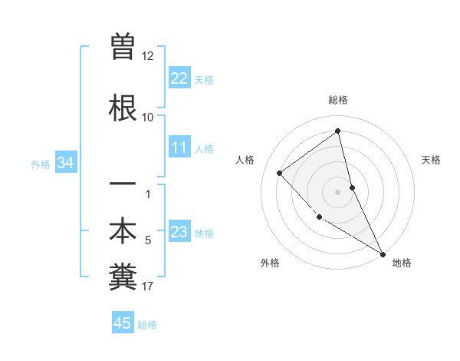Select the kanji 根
point(123,108)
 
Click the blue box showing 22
point(179,78)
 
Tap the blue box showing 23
point(179,232)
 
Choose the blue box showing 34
point(66,163)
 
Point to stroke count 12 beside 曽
point(148,56)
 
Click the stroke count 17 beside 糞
point(148,286)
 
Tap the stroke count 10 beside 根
point(148,118)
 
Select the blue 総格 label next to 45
point(147,325)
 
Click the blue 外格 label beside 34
point(41,164)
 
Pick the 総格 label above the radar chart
point(337,100)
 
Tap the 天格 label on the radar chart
point(432,160)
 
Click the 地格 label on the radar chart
point(402,263)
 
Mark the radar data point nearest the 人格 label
point(280,173)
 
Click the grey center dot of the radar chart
point(337,191)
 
